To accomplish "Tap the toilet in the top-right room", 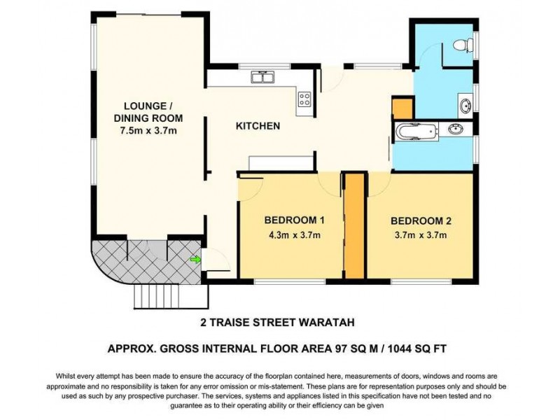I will tap(462, 46).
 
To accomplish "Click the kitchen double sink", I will tap(264, 76).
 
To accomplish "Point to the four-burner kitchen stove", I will tap(304, 99).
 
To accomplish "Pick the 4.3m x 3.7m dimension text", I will tap(293, 235).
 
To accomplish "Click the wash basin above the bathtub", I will tap(464, 106).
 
